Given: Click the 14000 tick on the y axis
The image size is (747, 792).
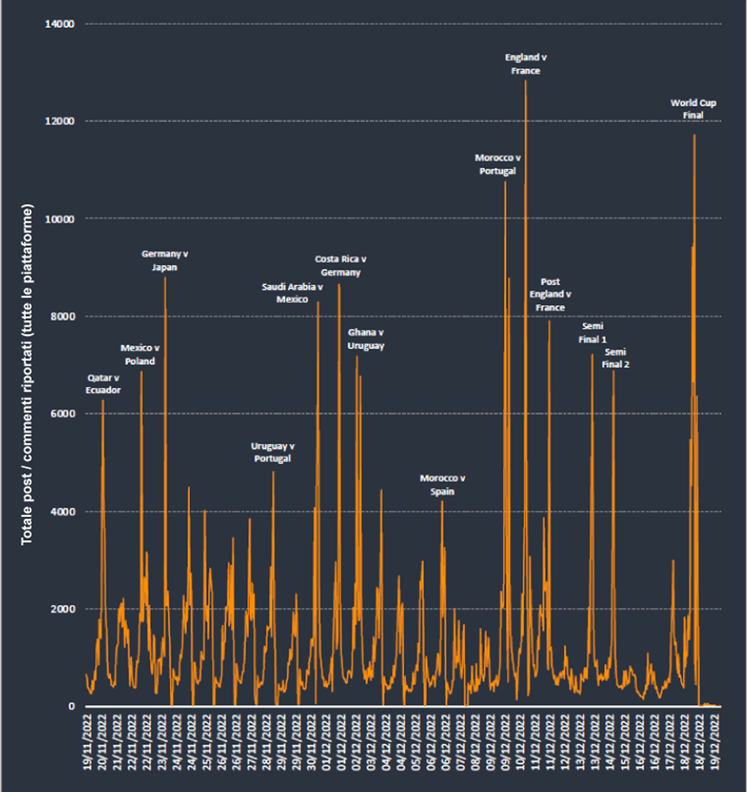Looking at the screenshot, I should click(60, 24).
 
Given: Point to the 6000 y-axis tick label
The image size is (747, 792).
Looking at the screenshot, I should click(62, 414).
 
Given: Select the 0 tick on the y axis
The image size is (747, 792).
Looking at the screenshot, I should click(71, 706).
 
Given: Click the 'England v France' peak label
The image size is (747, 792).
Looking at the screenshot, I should click(526, 64).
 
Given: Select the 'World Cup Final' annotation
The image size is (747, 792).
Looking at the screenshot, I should click(693, 109).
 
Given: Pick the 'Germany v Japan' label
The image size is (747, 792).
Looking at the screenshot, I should click(165, 260).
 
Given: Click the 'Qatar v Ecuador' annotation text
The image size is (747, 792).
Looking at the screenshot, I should click(103, 384).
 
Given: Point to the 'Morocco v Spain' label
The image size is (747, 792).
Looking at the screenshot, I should click(442, 485).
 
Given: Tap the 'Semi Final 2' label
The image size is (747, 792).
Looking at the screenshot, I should click(615, 358).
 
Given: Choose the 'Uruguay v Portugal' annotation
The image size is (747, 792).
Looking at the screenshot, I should click(272, 452).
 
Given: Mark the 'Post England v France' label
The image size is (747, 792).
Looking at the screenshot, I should click(550, 295).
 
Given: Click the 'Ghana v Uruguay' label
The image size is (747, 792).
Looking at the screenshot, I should click(366, 339).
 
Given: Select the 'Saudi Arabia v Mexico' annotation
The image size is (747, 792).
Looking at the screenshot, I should click(292, 293).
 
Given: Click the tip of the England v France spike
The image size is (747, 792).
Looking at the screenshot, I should click(526, 80).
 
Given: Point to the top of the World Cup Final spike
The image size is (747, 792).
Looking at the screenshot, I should click(694, 135).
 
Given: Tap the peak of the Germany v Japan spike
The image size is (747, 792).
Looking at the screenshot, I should click(165, 277).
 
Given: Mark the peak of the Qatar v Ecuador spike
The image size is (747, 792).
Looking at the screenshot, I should click(103, 400).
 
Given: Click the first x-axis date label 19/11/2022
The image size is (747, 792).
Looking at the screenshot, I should click(88, 742).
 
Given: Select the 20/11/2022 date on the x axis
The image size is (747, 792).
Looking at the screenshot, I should click(102, 742).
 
